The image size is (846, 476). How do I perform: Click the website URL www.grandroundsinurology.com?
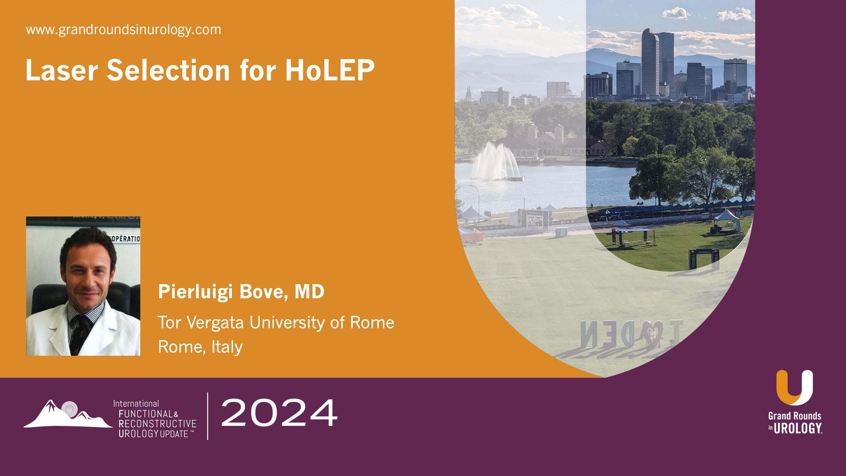pos(123,30)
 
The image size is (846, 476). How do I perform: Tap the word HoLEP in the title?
pos(330,70)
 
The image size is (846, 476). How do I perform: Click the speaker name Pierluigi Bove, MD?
pos(241,292)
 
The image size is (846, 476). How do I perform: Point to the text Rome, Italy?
pos(200,347)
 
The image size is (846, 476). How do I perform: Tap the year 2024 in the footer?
pos(279,413)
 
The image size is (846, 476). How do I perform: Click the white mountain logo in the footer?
pos(67,415)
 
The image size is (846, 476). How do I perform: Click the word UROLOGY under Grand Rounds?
pos(798,429)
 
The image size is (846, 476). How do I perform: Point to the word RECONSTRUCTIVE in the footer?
pos(157,423)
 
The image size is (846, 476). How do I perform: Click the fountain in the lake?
pos(495,163)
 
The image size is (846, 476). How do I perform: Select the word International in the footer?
pos(136,403)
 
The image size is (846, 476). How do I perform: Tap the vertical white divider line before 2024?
pos(208,416)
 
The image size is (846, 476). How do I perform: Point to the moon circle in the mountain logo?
pos(69,409)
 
